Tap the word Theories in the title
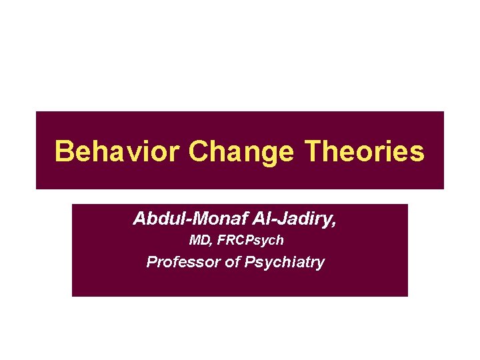[x=363, y=151]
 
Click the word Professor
[x=183, y=261]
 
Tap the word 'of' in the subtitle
[x=233, y=261]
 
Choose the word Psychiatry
[x=285, y=262]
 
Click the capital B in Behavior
[x=63, y=151]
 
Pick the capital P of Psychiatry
[x=250, y=261]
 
